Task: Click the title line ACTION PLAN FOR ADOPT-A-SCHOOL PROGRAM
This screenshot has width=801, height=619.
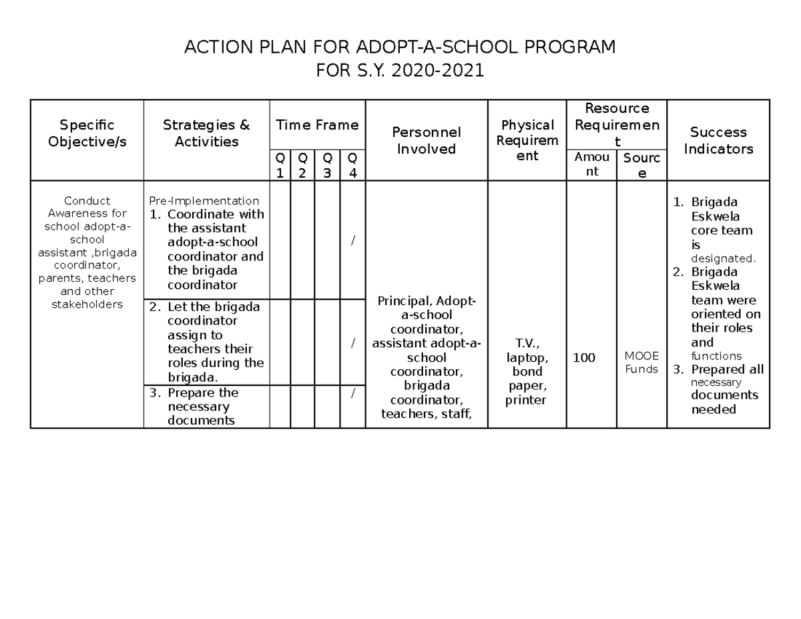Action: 400,48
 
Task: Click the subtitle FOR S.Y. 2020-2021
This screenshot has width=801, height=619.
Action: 400,71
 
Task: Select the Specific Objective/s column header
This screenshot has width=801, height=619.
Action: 87,134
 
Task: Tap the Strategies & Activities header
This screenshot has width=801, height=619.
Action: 206,134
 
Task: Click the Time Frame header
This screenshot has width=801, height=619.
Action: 317,125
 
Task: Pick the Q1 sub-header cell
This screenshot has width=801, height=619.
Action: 280,165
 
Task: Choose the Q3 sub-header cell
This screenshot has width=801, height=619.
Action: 327,165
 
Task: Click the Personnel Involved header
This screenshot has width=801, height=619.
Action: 426,141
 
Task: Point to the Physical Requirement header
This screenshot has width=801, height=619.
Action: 527,141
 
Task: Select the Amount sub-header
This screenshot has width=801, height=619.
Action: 591,164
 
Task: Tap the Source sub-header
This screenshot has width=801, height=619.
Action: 641,165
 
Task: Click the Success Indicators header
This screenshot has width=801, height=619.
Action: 718,141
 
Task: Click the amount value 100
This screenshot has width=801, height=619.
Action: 584,359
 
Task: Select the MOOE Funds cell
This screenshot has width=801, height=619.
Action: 641,363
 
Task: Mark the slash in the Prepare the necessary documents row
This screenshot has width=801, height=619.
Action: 352,393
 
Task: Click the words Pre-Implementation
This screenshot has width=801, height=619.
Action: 204,200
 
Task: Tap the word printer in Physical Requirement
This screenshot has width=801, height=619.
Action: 527,401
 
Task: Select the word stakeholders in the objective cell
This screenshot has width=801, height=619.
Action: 87,304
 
